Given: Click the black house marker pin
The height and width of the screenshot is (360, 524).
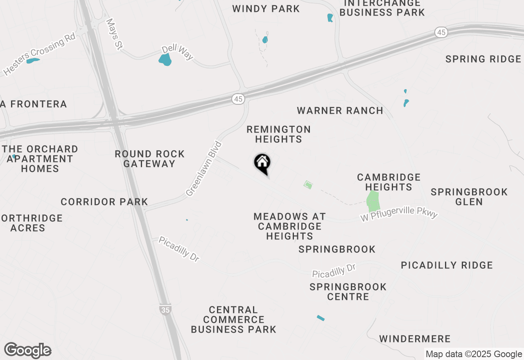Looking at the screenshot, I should click(262, 163).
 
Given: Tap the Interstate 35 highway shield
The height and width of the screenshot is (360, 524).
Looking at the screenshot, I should click(165, 310).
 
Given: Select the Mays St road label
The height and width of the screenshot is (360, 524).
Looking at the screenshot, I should click(114, 34).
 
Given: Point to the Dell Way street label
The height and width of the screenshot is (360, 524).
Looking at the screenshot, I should click(177, 52).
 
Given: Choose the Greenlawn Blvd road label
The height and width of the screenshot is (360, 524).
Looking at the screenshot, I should click(204, 169).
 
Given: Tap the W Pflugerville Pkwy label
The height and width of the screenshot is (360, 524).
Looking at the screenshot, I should click(399, 214).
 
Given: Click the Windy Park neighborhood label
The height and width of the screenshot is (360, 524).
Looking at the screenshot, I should click(266, 9).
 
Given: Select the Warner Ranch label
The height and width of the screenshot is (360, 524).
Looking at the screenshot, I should click(340, 110).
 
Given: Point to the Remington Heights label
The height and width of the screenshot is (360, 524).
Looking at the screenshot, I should click(279, 134).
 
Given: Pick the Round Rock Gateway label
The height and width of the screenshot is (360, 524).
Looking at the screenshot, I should click(150, 159).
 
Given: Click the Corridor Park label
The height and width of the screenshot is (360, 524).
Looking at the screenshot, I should click(104, 202).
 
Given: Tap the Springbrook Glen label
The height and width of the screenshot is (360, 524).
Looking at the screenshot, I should click(469, 197).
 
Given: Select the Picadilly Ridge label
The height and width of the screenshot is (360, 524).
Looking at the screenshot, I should click(447, 265).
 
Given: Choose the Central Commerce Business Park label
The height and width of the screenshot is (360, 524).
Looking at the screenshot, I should click(233, 319).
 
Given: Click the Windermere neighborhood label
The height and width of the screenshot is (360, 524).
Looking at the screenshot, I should click(415, 339).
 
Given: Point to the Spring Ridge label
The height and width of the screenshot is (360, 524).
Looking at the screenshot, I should click(483, 59).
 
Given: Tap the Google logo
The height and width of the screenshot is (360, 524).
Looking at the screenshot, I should click(27, 351).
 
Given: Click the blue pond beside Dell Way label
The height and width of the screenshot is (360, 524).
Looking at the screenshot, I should click(165, 60).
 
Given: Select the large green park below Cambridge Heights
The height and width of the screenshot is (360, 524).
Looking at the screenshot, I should click(373, 201).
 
